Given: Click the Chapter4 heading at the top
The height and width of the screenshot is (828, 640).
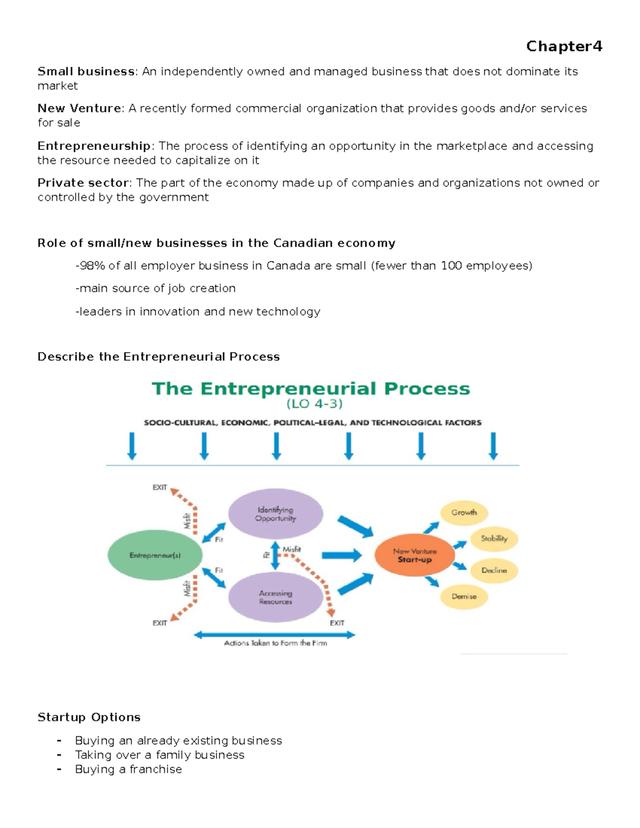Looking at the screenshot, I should coord(564,46).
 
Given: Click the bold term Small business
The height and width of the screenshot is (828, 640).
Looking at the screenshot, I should coord(86,71).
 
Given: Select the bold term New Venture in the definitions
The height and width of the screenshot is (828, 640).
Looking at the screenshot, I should coord(79,108).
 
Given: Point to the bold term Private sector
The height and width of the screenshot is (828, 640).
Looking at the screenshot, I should coord(83,183).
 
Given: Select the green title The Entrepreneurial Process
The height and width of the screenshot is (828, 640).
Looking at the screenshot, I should coord(311,389).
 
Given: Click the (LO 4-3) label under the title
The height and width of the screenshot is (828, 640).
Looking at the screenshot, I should coord(315,404).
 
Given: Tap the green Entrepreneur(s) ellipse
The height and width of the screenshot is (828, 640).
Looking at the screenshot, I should coord(155,555).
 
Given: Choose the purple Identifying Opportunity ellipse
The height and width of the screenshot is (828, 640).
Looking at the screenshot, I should coord(275,514).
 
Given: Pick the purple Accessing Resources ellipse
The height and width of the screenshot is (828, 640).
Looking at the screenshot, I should coord(275,597).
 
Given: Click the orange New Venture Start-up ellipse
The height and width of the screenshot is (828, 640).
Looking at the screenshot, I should coord(414,556).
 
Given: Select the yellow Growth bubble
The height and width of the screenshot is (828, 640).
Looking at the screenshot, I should coord(463,512).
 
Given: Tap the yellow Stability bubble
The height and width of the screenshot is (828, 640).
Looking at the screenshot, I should coord(494,538).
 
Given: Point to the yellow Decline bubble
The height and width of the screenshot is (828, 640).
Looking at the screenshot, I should coord(494,570).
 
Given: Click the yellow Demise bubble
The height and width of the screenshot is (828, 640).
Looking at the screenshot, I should coord(463,597).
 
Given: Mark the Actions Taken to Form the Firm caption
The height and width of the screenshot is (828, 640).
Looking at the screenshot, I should coord(275,644).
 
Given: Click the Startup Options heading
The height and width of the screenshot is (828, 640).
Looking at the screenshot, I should coord(89,717).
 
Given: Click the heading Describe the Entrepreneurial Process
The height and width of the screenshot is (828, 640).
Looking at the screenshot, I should coord(158,357).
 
